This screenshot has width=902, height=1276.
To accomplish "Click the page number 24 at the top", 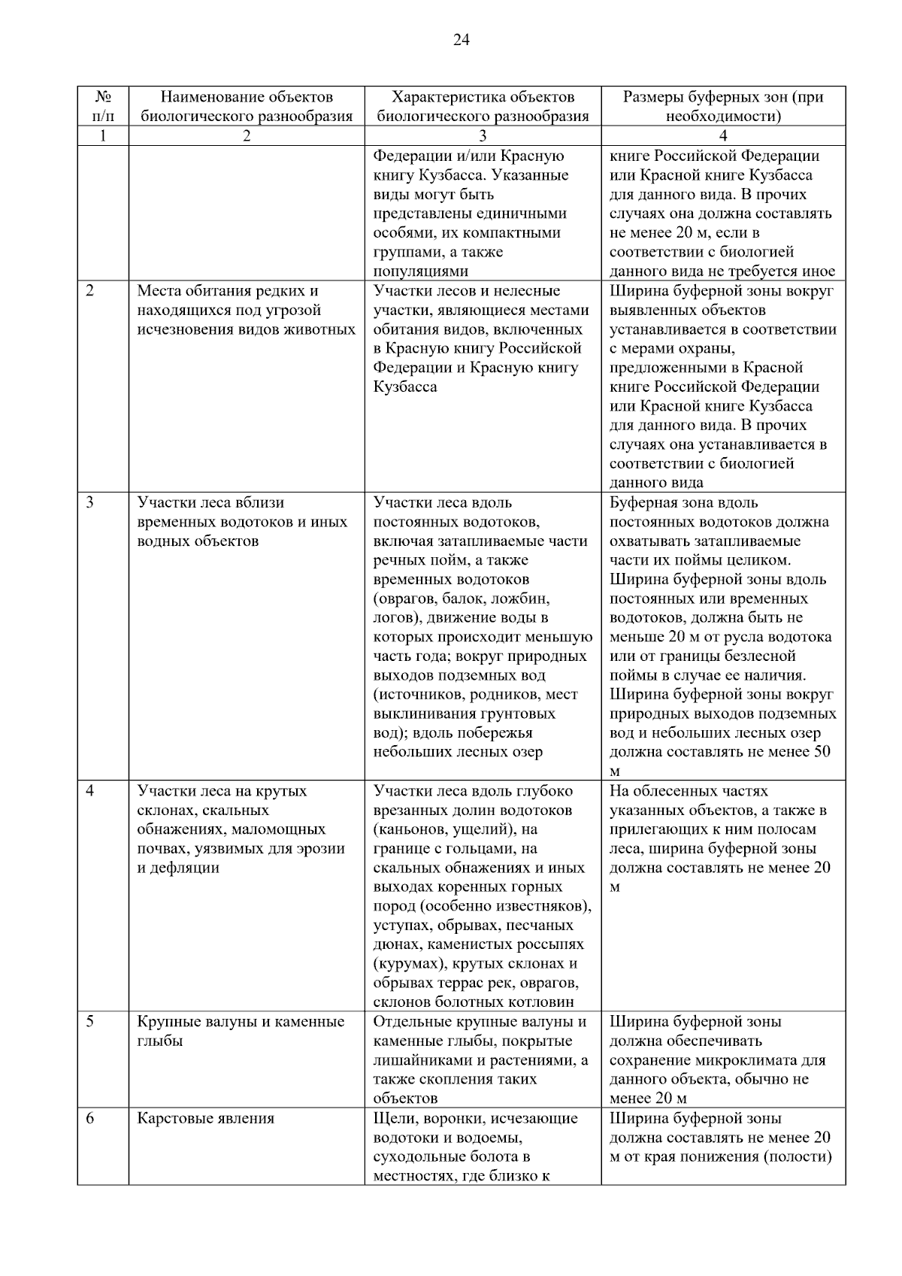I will pos(461,41).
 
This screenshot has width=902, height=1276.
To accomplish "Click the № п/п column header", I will pos(103,106).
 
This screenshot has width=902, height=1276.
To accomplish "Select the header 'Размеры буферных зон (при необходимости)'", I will pos(723,106).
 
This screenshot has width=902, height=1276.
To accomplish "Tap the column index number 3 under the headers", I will pos(483,136).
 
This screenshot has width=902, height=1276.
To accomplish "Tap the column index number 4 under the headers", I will pos(723,136).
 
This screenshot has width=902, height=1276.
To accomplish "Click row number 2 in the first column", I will pos(89,291).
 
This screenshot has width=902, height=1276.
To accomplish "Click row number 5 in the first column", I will pos(89,1022).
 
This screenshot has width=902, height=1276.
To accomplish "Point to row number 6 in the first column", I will pos(89,1118).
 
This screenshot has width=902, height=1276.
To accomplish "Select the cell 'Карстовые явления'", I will pos(205,1118).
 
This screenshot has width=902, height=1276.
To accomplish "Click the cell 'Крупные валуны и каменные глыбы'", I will pos(240,1031).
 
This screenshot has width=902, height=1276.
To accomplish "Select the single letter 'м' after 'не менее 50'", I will pos(615,772).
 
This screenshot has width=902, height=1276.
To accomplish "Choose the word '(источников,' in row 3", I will pos(417,694).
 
